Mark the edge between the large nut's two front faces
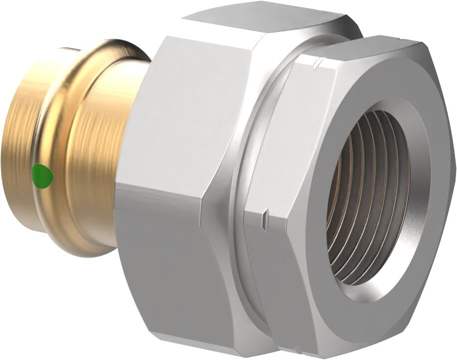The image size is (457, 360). point(160,187)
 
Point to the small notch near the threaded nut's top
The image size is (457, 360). point(317,64)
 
